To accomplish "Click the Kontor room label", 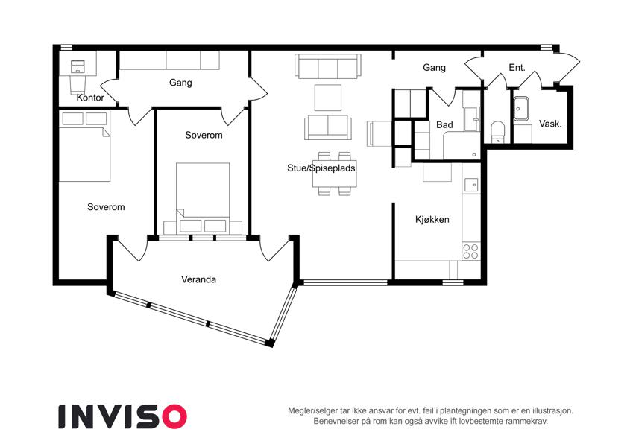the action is tap(90, 98).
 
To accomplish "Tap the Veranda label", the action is tap(198, 279).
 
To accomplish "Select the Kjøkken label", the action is tap(432, 220).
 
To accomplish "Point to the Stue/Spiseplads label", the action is tap(321, 168).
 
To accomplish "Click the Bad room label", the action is tap(444, 125).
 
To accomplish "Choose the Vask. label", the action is tap(550, 124).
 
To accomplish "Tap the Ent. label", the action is tap(517, 67).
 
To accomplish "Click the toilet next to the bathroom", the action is tap(498, 132).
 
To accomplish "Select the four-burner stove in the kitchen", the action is tap(470, 251).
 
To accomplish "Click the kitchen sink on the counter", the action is tap(471, 185).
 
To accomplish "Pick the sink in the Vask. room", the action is tap(520, 109).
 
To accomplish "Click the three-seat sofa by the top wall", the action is tap(328, 66).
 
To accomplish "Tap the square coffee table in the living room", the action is tap(328, 98).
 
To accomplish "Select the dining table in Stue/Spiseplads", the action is tap(334, 174).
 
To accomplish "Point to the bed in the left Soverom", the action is tap(84, 147).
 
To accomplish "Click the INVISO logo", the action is tap(122, 416).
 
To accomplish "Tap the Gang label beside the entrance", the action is tap(435, 67).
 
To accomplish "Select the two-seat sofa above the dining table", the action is tap(328, 127).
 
